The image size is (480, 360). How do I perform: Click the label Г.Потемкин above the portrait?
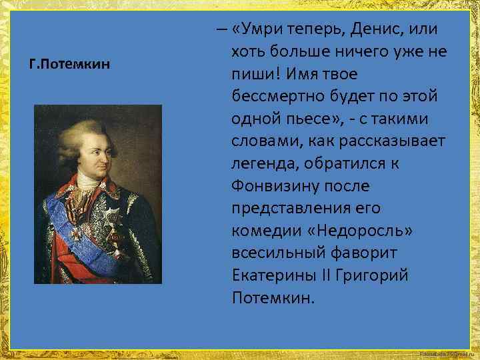70,67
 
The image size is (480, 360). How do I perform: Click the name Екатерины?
275,275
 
